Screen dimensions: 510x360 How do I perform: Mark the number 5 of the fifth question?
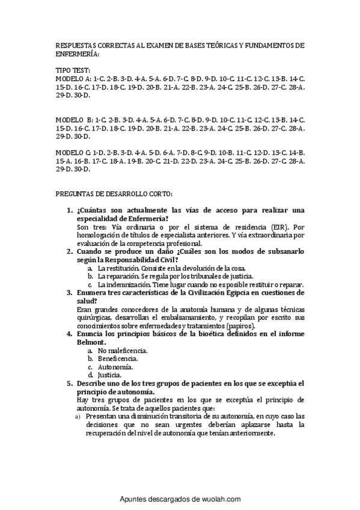70,383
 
